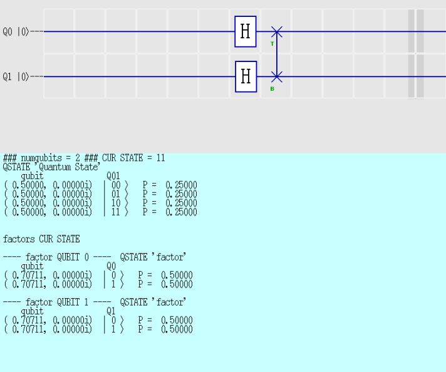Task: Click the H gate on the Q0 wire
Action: (246, 31)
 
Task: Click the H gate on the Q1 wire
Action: (246, 76)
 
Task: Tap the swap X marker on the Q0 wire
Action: (277, 31)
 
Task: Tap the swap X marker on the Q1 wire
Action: (277, 76)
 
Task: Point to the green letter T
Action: (272, 44)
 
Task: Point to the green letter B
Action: (272, 89)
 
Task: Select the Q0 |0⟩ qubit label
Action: (16, 31)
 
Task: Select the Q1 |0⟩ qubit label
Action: (16, 76)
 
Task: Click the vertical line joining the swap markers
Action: (277, 54)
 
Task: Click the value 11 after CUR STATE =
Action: (161, 158)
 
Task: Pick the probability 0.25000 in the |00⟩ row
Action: (181, 185)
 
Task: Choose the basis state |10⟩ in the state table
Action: (117, 203)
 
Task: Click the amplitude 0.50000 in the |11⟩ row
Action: (29, 212)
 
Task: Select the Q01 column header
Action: (113, 176)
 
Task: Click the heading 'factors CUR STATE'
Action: (41, 239)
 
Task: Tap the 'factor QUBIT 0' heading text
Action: (58, 257)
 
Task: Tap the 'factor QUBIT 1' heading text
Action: (58, 302)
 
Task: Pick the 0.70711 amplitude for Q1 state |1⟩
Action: (29, 329)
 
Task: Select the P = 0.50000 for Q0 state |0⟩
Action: (165, 275)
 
